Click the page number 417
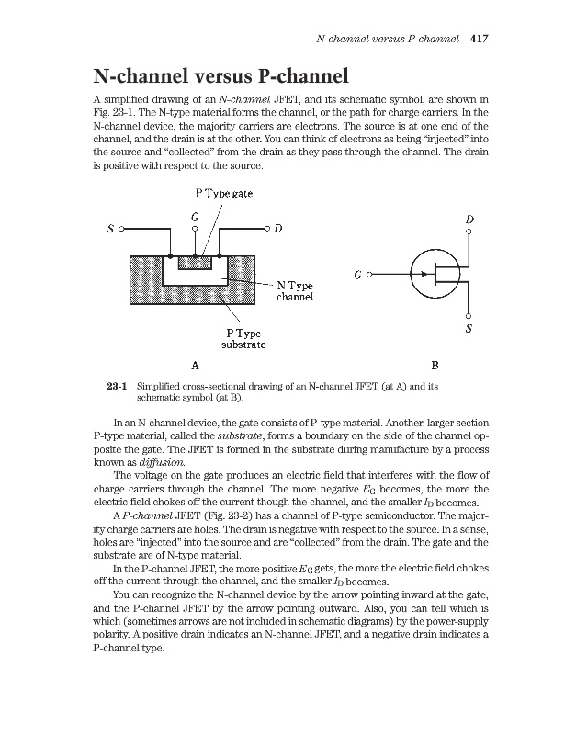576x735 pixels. click(x=478, y=40)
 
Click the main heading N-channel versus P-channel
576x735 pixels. click(x=220, y=75)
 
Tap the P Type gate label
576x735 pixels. click(x=224, y=194)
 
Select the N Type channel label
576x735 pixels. click(x=295, y=291)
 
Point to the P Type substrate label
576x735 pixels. click(x=243, y=338)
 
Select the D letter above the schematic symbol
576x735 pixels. click(x=469, y=220)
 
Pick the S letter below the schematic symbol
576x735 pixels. click(x=469, y=328)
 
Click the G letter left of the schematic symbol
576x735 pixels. click(x=358, y=274)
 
